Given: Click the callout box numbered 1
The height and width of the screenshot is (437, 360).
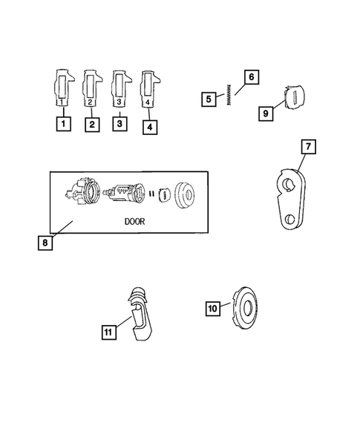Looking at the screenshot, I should coord(65,124).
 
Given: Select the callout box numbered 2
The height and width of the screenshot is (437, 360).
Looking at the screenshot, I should coord(91,125).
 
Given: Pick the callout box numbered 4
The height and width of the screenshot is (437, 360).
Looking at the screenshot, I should coord(150,126).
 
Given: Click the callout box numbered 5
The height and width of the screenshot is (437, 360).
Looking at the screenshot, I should coord(210,98).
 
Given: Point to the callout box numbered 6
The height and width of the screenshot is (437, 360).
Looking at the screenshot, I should coord(250,76).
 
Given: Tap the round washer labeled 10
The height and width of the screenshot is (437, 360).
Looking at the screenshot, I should coord(246,305).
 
